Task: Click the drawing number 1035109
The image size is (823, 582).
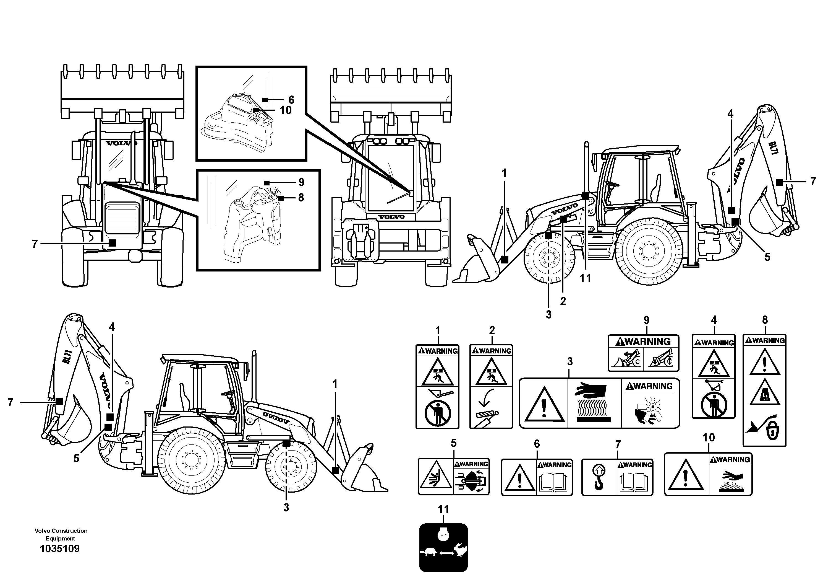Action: pyautogui.click(x=60, y=548)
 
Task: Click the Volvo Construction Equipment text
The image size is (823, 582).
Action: pyautogui.click(x=61, y=534)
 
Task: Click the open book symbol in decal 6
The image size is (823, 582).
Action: pyautogui.click(x=554, y=483)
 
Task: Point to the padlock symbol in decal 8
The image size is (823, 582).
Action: pyautogui.click(x=773, y=432)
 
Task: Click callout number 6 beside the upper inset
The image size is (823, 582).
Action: pyautogui.click(x=291, y=99)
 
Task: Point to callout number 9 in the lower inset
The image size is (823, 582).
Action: pyautogui.click(x=301, y=182)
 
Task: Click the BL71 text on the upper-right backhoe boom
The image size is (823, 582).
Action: pyautogui.click(x=773, y=148)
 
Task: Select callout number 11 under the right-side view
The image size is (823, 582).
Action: pyautogui.click(x=585, y=278)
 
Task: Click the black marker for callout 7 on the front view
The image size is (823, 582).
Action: pyautogui.click(x=113, y=243)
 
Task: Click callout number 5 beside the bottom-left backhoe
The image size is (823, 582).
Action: pyautogui.click(x=76, y=458)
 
